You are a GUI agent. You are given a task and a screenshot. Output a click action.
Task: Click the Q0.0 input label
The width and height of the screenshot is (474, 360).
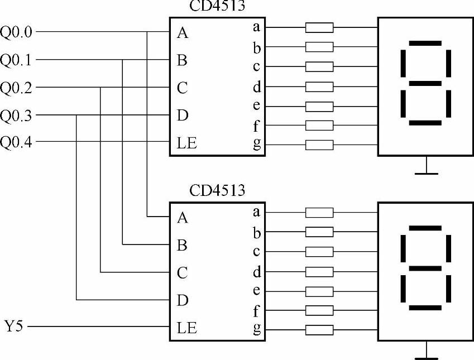click(17, 32)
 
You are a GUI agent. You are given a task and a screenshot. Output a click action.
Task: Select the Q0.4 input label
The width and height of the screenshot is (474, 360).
click(17, 142)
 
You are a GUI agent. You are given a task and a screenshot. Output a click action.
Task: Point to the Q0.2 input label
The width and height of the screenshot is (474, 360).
click(17, 88)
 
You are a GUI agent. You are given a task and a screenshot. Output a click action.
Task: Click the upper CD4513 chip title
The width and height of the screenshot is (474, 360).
click(217, 7)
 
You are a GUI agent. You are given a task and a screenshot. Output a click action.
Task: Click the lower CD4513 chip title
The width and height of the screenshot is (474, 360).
click(217, 191)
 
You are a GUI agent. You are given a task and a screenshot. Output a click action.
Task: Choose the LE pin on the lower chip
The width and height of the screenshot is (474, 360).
click(186, 328)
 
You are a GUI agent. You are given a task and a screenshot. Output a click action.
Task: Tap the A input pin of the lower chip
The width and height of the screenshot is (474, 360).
click(182, 217)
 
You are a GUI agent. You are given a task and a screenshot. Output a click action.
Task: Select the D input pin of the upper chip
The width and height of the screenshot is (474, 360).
click(182, 116)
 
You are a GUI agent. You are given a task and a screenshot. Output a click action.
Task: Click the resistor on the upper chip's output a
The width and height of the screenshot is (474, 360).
click(319, 27)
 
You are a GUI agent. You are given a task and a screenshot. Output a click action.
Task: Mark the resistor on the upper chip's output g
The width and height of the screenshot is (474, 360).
click(319, 145)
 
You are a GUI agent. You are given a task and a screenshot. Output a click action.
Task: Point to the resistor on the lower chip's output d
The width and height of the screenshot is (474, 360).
click(319, 272)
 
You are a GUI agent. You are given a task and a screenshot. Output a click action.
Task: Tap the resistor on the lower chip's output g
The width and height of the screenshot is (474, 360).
click(319, 330)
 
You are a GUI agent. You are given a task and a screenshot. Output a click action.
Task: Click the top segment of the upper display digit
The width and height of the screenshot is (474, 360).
click(425, 43)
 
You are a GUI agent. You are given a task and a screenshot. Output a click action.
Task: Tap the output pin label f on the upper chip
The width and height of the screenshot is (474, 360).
click(256, 126)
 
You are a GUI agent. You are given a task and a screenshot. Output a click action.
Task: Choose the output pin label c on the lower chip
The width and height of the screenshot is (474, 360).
click(256, 251)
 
